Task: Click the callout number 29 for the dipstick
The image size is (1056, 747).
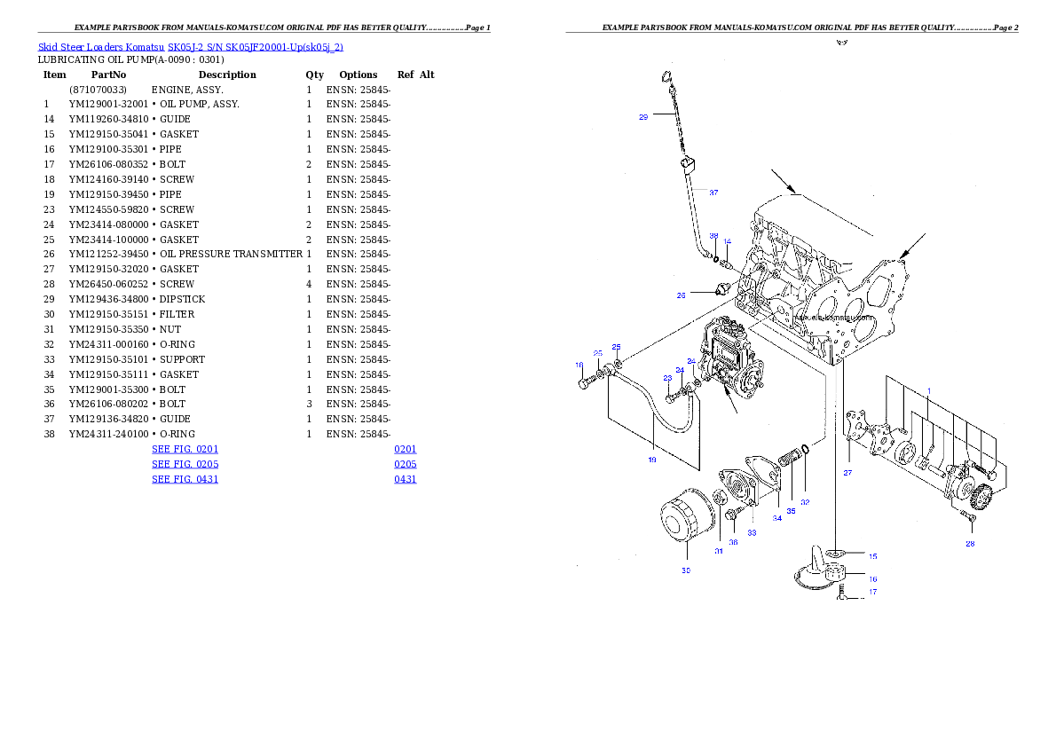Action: pyautogui.click(x=643, y=116)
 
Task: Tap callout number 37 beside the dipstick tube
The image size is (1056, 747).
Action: pyautogui.click(x=713, y=193)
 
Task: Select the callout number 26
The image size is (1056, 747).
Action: pyautogui.click(x=682, y=295)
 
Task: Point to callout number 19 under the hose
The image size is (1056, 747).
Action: pyautogui.click(x=651, y=460)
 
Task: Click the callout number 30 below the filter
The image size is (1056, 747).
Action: pyautogui.click(x=686, y=570)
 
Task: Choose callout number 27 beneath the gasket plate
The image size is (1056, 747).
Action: pyautogui.click(x=847, y=473)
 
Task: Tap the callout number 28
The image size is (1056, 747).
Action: pyautogui.click(x=970, y=544)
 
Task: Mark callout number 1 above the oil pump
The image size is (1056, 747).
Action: pyautogui.click(x=929, y=390)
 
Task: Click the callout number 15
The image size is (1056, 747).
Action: pyautogui.click(x=872, y=556)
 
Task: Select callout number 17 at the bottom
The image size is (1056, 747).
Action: pyautogui.click(x=872, y=592)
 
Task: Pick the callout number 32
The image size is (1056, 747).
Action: pyautogui.click(x=805, y=502)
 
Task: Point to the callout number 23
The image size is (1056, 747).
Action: pyautogui.click(x=667, y=378)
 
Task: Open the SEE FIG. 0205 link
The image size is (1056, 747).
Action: pyautogui.click(x=185, y=464)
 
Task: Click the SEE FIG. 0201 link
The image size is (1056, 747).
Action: pyautogui.click(x=185, y=449)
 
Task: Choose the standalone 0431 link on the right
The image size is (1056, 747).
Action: pyautogui.click(x=406, y=479)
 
